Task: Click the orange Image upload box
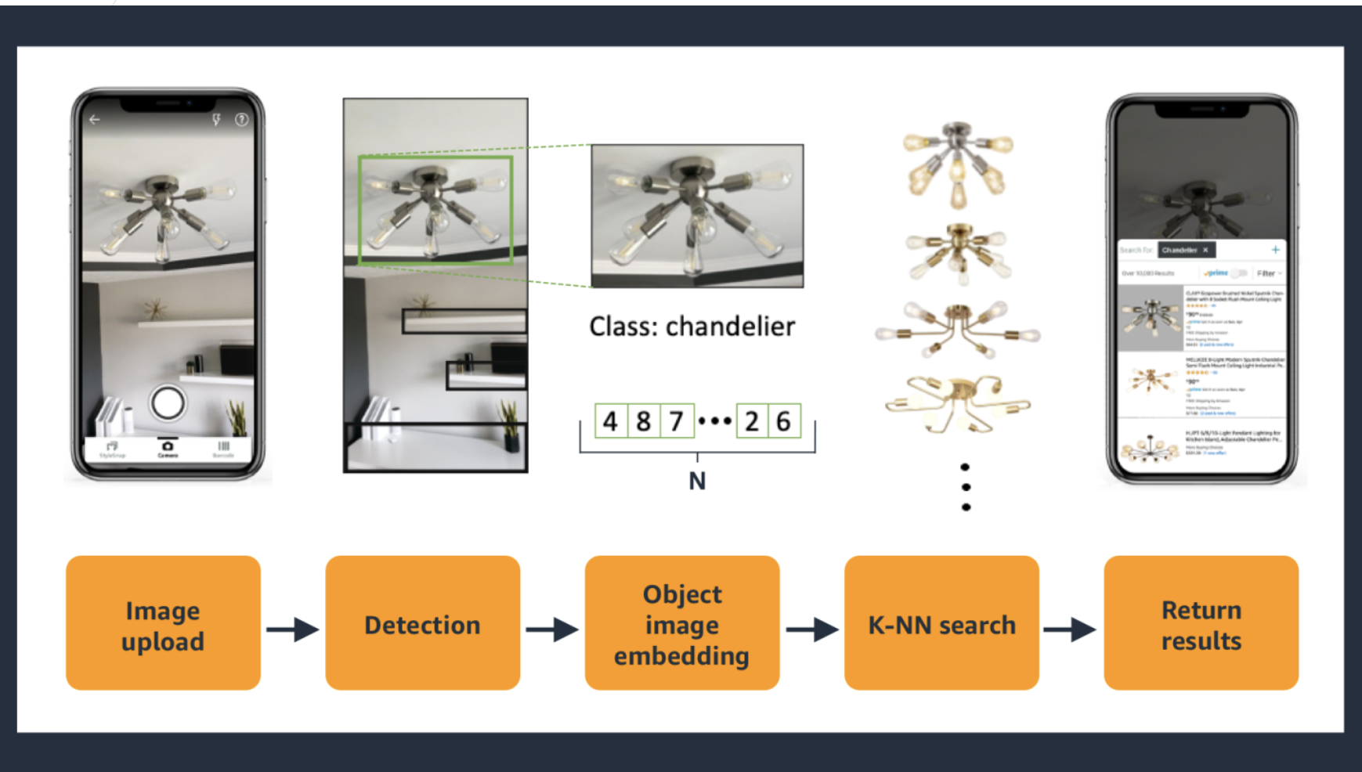coord(163,623)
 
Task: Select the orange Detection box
coord(422,623)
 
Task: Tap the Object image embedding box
coord(681,623)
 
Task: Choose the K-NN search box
coord(941,623)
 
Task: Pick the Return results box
coord(1201,623)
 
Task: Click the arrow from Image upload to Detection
coord(293,629)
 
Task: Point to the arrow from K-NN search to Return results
coord(1070,629)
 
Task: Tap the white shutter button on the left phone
coord(168,403)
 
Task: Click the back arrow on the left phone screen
coord(95,120)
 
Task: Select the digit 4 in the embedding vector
coord(610,421)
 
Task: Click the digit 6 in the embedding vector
coord(783,421)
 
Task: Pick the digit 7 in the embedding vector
coord(676,421)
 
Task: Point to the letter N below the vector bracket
coord(697,481)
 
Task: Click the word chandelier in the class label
coord(730,326)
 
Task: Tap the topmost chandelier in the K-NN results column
coord(957,165)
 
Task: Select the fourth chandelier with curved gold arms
coord(957,403)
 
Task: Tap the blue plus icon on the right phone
coord(1275,250)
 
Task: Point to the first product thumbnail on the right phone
coord(1150,317)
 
